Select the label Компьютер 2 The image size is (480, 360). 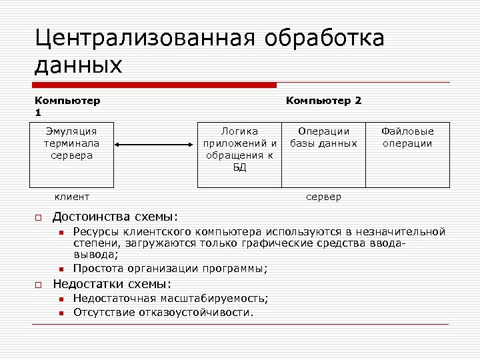pos(324,101)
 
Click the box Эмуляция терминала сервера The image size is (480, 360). pos(71,154)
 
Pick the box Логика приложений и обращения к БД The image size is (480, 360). pos(240,154)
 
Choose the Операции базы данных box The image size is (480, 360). pos(324,154)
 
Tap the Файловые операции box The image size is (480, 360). pos(407,154)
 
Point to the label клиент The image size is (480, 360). pos(71,197)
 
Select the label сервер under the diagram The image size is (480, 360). pos(323,197)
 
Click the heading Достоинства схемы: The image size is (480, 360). pos(115,216)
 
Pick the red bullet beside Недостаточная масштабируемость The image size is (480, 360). pos(60,299)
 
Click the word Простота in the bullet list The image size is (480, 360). pos(97,269)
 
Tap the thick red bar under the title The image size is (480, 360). pos(155,85)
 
